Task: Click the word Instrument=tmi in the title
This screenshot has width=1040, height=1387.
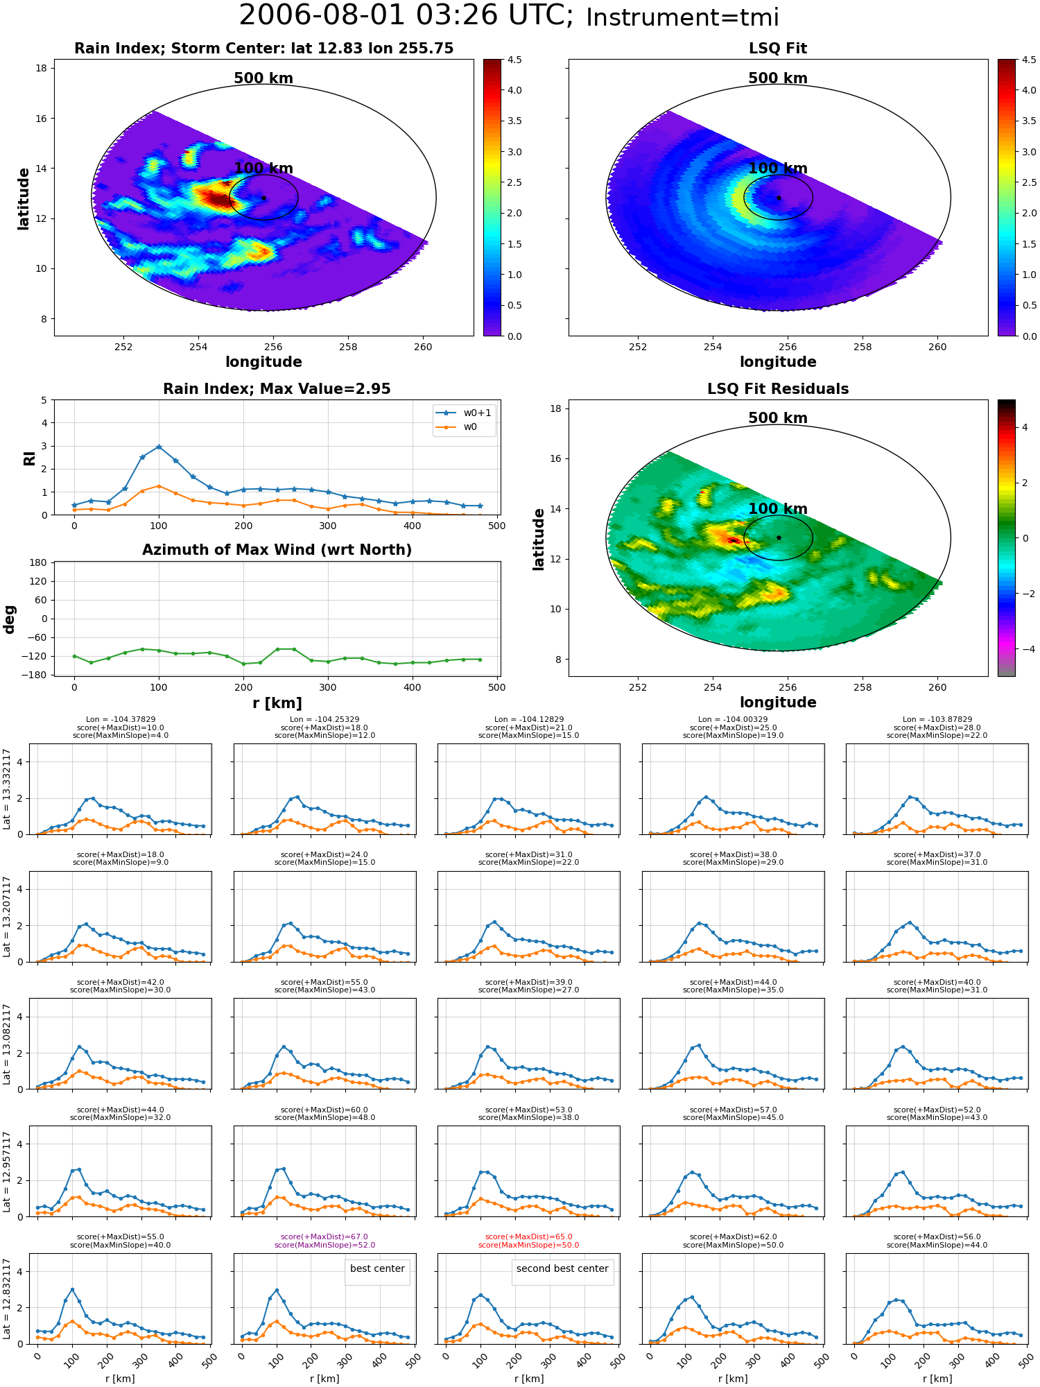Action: (682, 17)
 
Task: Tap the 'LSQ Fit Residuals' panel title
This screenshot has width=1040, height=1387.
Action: (778, 389)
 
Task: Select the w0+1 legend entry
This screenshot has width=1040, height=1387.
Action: (464, 413)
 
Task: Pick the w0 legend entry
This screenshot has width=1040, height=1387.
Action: (457, 427)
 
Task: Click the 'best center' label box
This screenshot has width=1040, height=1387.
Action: (377, 1268)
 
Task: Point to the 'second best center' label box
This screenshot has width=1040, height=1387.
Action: (562, 1268)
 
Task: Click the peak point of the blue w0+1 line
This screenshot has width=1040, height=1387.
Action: (159, 447)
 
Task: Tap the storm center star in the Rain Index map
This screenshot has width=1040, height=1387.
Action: (263, 198)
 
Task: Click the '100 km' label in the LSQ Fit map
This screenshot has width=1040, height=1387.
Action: (778, 168)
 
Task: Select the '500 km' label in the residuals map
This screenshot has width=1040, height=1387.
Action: (778, 418)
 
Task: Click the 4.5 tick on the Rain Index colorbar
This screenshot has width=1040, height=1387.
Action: (514, 60)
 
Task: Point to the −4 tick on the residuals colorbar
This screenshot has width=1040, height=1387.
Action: (1025, 649)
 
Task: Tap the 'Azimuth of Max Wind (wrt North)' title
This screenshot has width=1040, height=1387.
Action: (277, 550)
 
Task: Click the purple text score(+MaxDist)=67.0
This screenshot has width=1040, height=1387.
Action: (324, 1237)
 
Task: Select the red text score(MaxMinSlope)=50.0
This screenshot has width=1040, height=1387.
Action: (528, 1245)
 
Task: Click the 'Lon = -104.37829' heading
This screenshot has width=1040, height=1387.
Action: (121, 719)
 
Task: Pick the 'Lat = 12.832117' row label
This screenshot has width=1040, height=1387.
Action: (7, 1298)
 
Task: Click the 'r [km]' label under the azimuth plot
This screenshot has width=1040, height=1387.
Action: (277, 703)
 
